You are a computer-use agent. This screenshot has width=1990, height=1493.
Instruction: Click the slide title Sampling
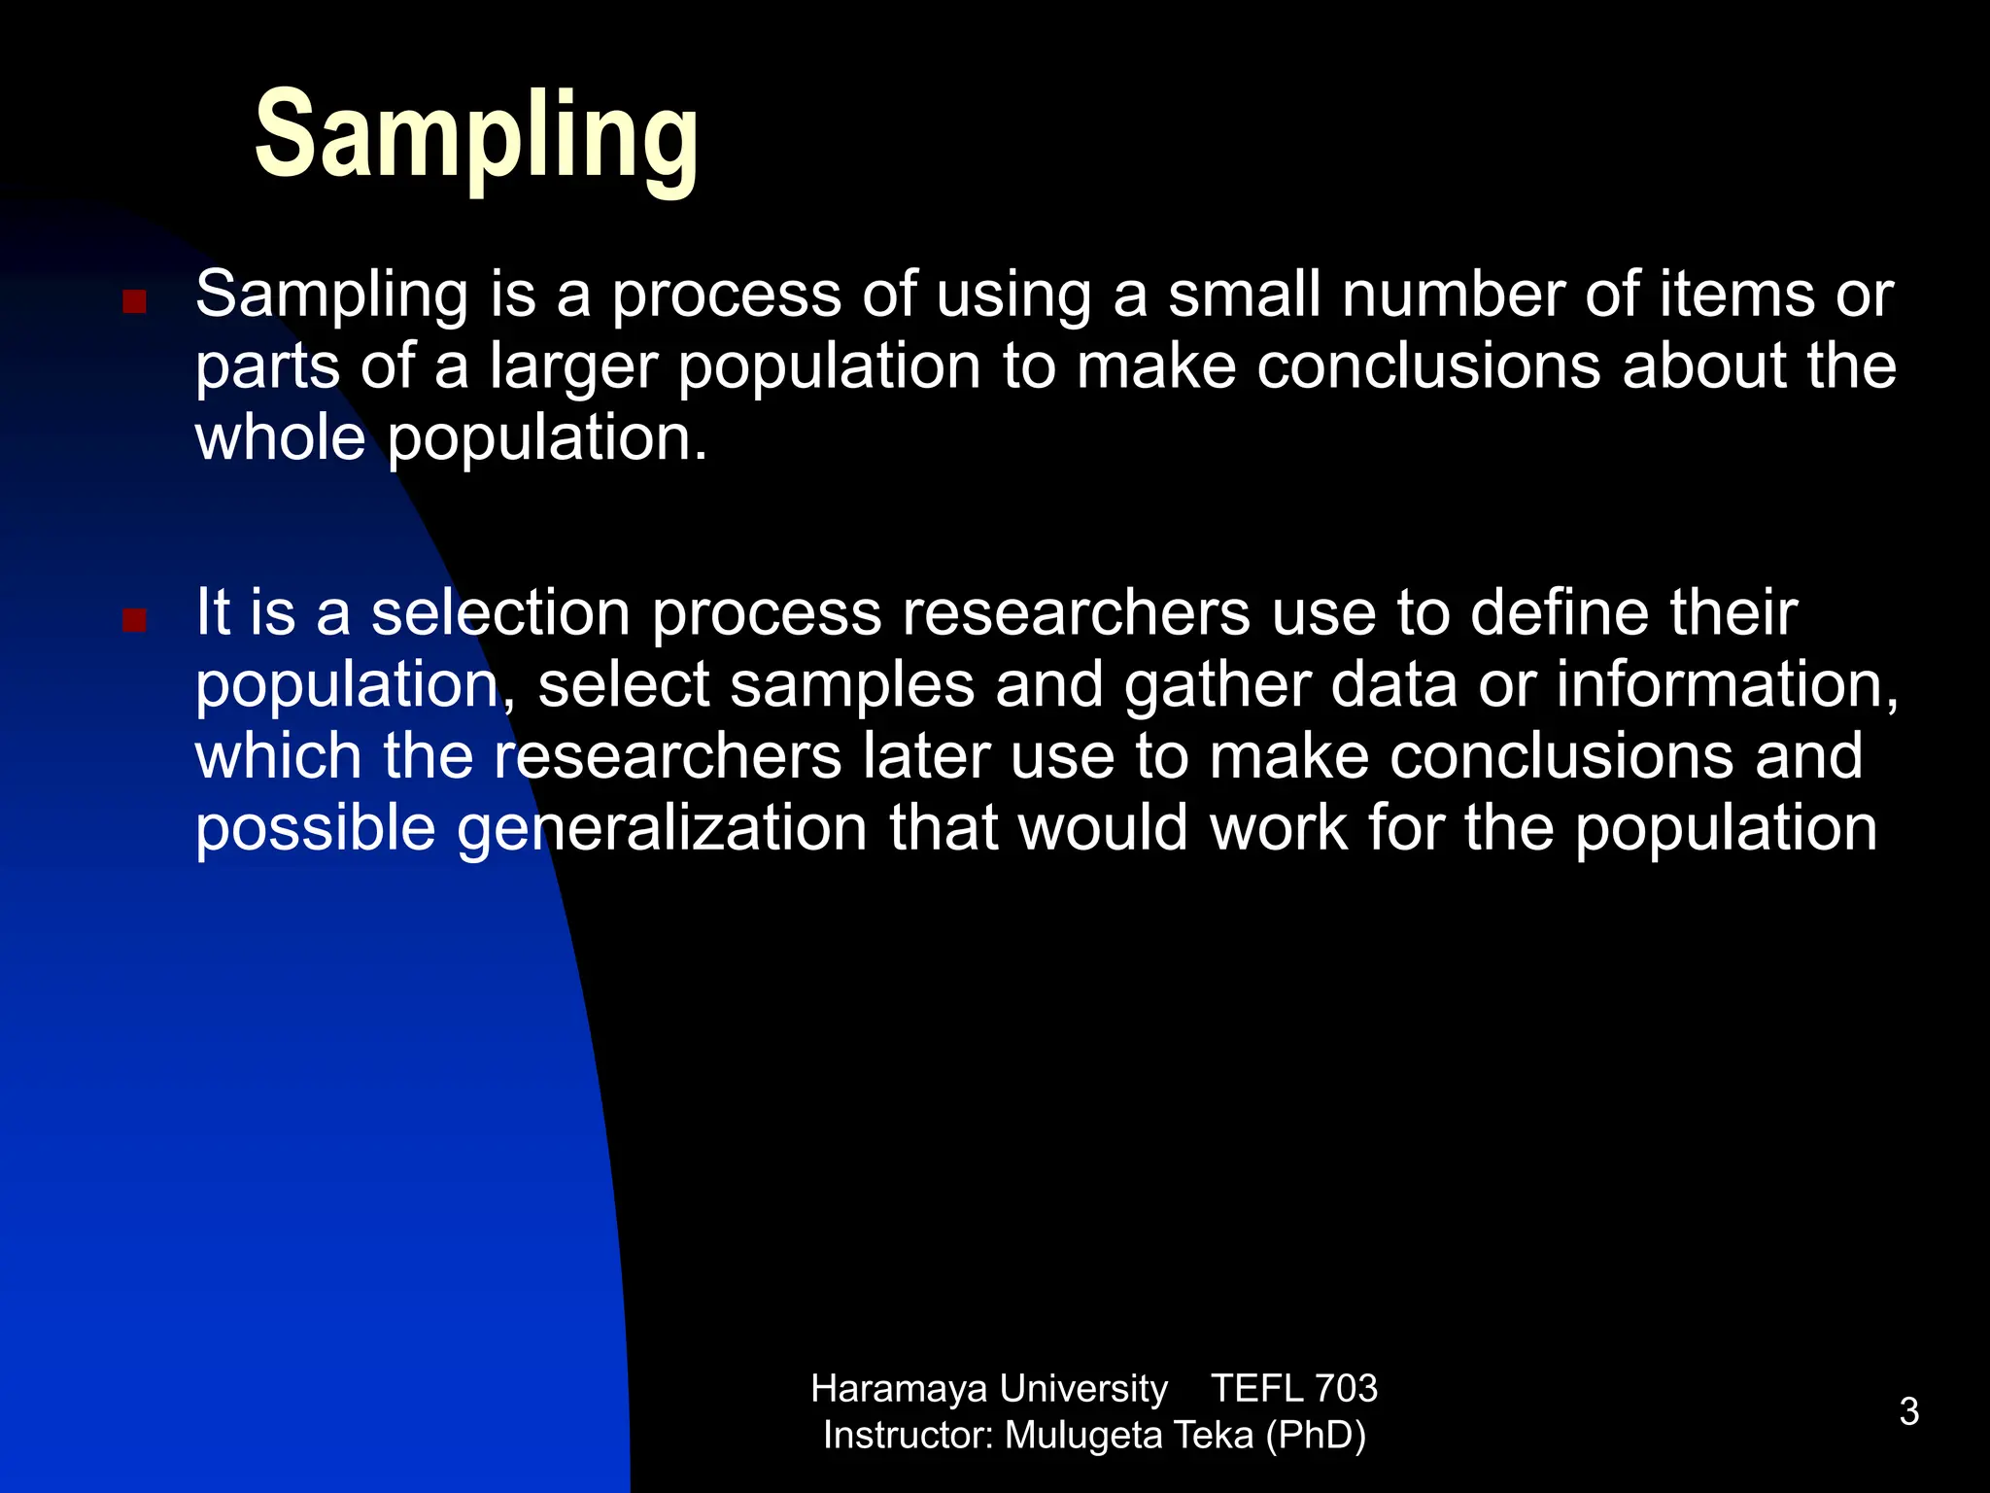476,136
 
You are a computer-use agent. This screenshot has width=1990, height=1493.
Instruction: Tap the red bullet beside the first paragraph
134,301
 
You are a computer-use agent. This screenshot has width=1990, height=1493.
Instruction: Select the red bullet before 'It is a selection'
134,620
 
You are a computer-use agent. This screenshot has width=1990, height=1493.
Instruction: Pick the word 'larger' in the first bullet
572,367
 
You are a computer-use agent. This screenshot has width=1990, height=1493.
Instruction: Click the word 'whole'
280,437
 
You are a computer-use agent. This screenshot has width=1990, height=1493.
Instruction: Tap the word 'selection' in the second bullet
500,613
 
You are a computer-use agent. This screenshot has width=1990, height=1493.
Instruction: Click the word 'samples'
852,685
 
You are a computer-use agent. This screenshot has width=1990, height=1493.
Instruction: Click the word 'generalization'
662,829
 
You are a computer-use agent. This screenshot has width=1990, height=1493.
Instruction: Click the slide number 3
1908,1411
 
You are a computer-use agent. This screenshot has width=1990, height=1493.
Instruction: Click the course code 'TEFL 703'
1293,1389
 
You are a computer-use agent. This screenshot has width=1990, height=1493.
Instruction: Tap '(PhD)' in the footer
1316,1436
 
